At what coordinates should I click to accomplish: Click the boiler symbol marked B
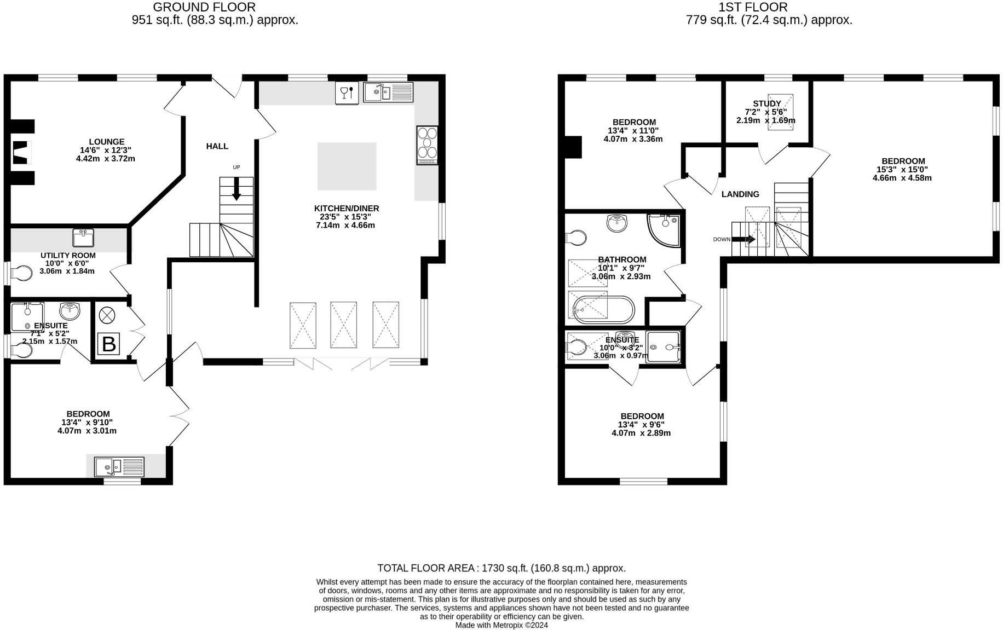tap(109, 344)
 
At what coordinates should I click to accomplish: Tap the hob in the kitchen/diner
tap(427, 145)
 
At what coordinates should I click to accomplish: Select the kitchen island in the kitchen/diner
tap(347, 166)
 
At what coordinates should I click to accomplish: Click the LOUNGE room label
tap(107, 142)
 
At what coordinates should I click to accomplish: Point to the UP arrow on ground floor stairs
tap(237, 189)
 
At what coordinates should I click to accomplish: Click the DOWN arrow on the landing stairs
tap(743, 239)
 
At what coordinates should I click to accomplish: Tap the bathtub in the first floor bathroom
tap(602, 310)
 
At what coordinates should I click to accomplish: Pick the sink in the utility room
tap(83, 238)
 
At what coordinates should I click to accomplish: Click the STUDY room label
tap(766, 103)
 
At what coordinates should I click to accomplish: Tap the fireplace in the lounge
tap(20, 152)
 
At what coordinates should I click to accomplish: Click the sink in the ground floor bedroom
tap(119, 467)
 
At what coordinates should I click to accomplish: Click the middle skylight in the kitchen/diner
tap(343, 325)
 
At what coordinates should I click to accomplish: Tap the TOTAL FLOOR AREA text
tap(501, 568)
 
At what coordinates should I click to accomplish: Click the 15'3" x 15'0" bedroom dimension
tap(903, 170)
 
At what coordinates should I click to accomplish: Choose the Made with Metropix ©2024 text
tap(501, 625)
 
